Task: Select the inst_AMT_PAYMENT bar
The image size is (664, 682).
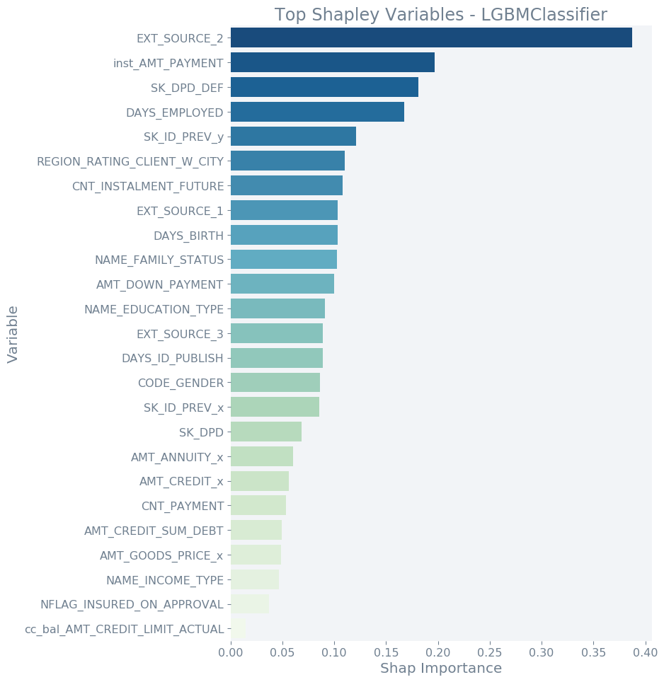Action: coord(333,62)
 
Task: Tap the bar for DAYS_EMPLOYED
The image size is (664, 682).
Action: coord(317,112)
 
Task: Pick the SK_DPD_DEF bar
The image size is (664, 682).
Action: coord(324,87)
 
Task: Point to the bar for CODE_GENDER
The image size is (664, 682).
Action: coord(275,383)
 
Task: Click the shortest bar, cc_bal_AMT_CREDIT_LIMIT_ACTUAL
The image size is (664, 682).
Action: coord(238,628)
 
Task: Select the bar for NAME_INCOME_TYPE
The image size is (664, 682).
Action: coord(255,579)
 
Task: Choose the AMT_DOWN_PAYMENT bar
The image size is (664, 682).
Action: coord(282,284)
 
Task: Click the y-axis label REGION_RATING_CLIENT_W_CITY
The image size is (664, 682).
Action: coord(130,161)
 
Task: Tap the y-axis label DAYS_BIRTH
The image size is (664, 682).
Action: coord(188,236)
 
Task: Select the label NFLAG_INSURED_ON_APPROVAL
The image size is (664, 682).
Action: coord(132,604)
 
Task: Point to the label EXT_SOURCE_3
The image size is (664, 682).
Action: coord(180,334)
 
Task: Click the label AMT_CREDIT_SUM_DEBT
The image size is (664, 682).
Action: coord(154,531)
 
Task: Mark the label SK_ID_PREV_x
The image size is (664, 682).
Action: coord(183,408)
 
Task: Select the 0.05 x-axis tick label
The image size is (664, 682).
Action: coord(282,651)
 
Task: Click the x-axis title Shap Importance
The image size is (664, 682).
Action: coord(440,669)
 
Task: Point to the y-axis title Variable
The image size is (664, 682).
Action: coord(13,334)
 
